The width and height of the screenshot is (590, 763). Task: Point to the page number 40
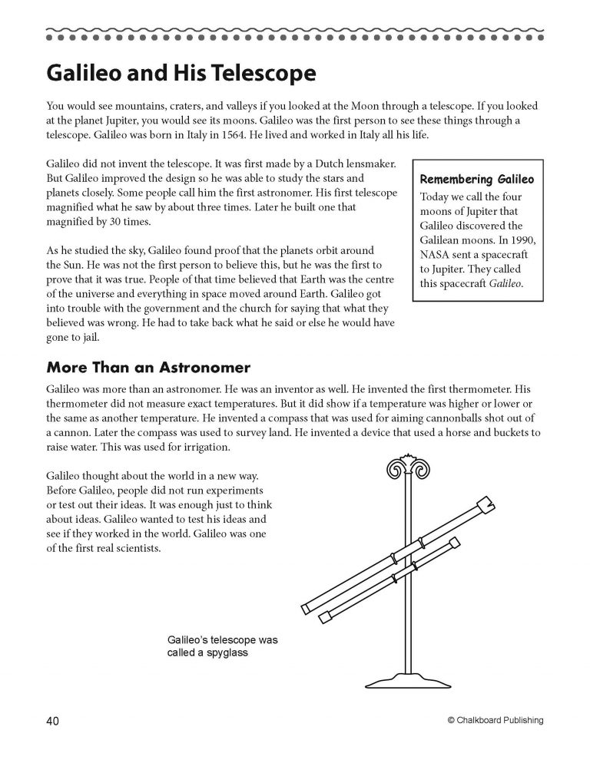53,720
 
